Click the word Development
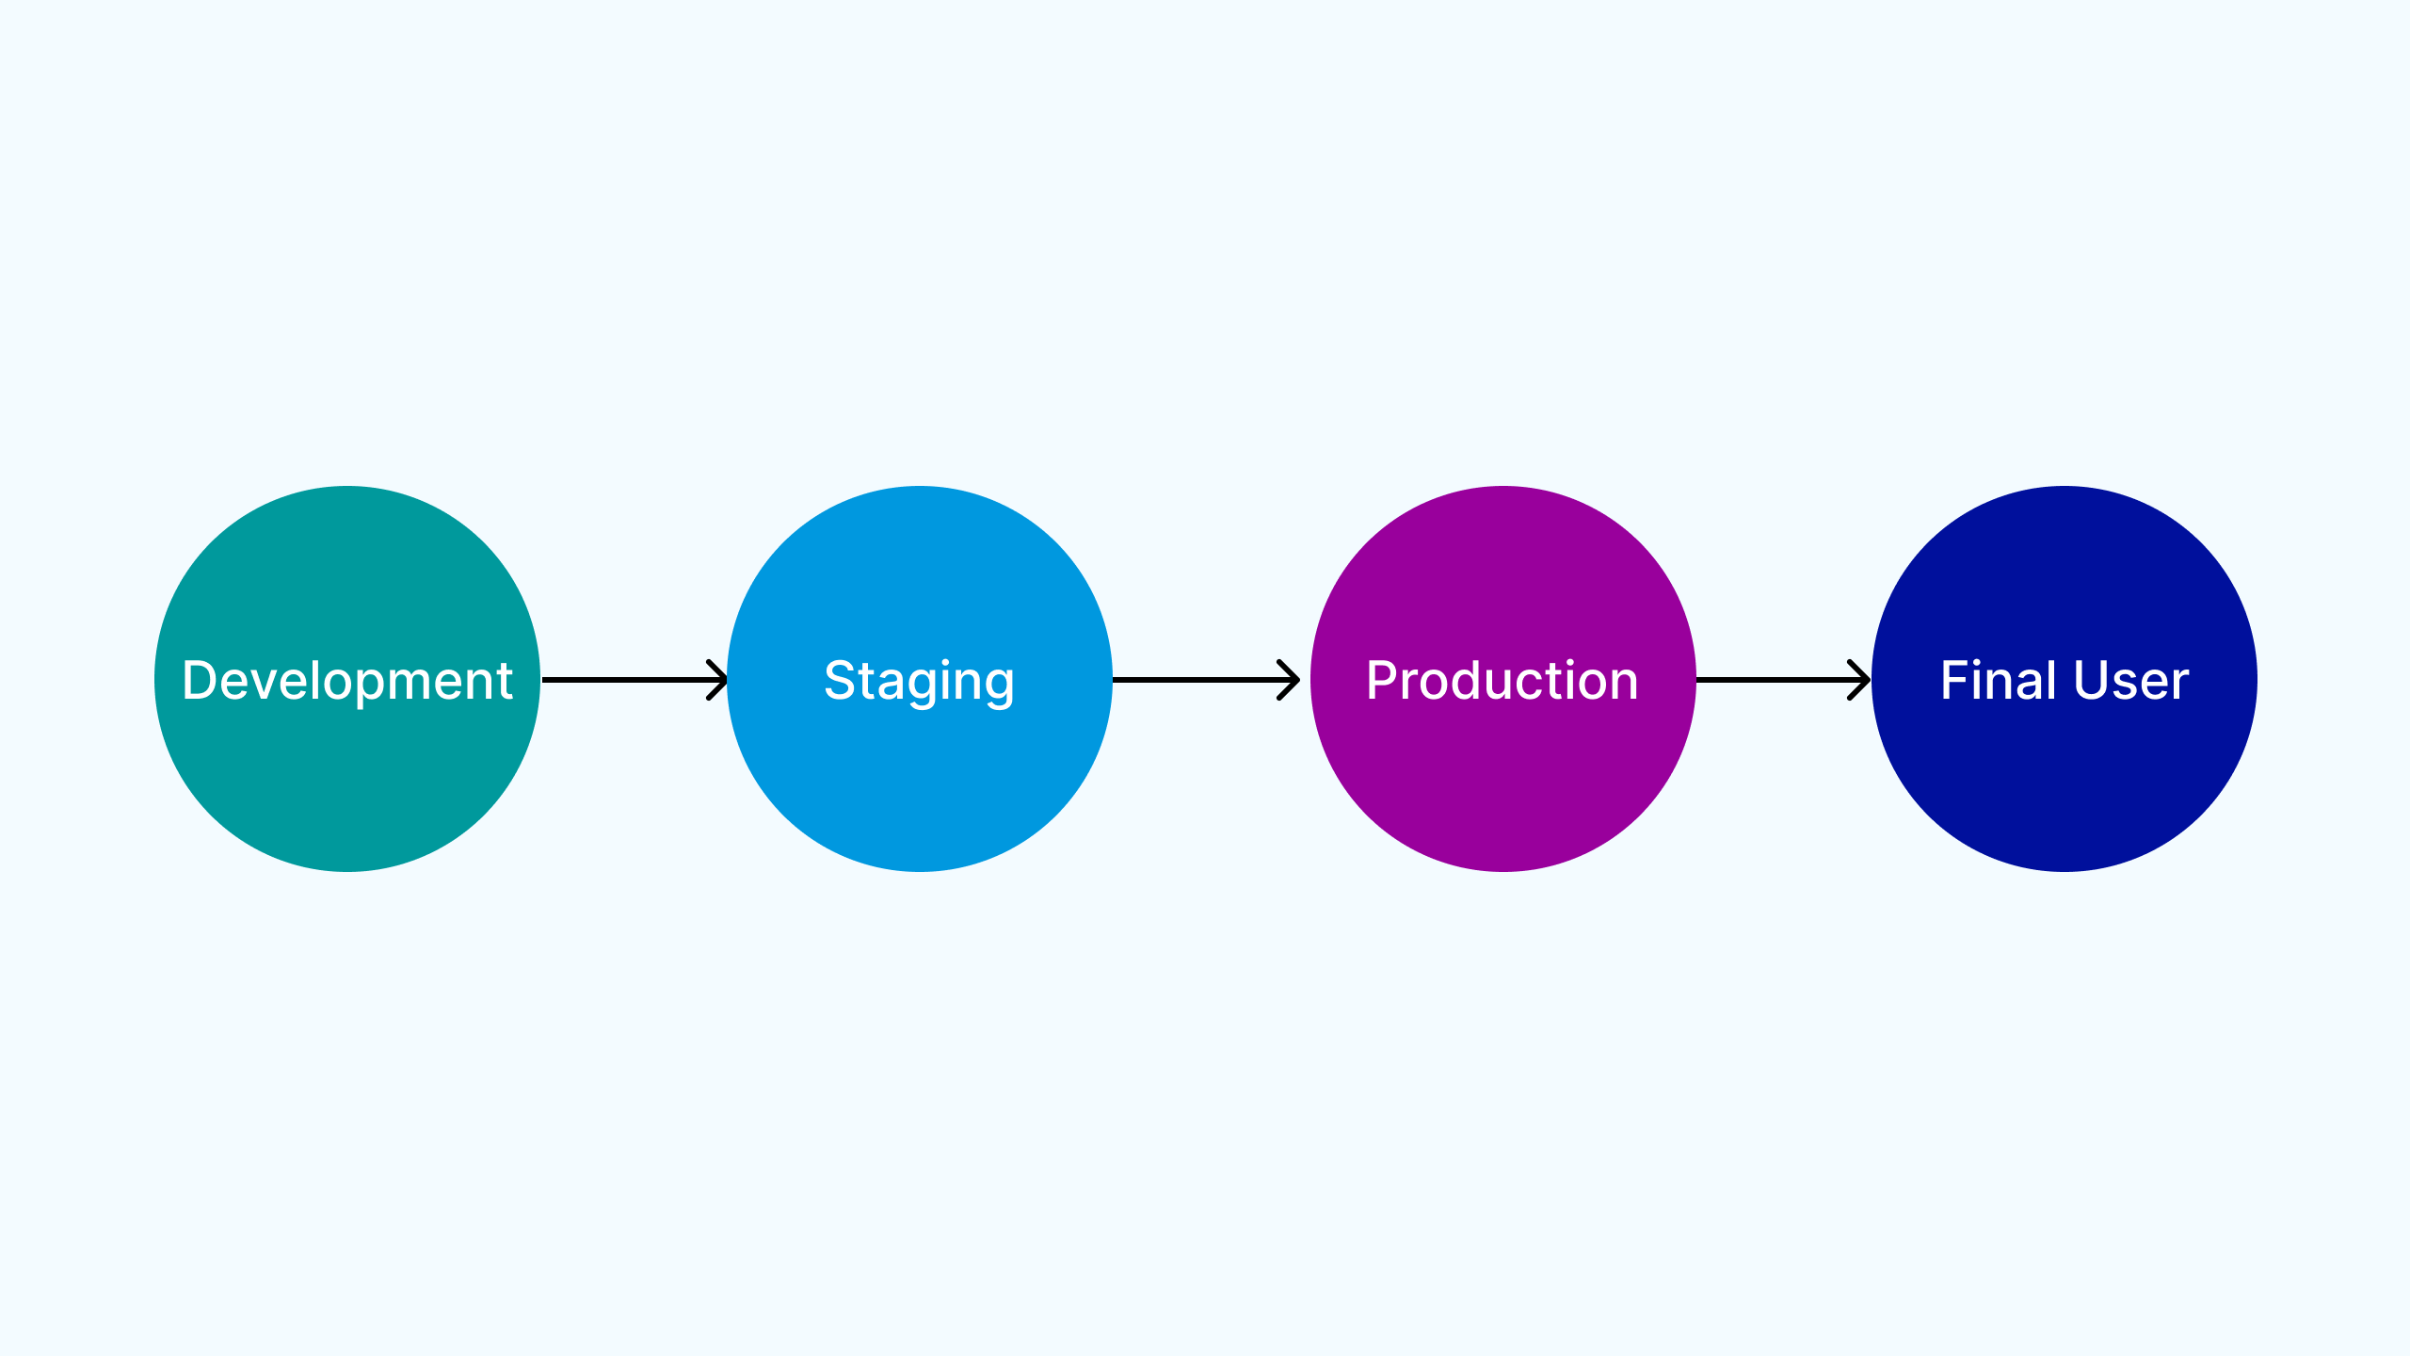(347, 680)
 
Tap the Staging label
(919, 680)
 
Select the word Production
(1502, 680)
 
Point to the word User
(2130, 680)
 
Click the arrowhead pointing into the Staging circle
(719, 679)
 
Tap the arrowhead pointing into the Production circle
(1291, 679)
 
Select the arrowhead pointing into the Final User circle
(1861, 679)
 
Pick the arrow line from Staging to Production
(1196, 679)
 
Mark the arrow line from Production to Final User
(1770, 679)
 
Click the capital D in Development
(200, 680)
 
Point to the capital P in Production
(1381, 680)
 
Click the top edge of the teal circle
(347, 489)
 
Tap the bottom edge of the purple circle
(1502, 869)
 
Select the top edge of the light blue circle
(919, 489)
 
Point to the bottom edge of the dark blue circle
(2064, 869)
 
